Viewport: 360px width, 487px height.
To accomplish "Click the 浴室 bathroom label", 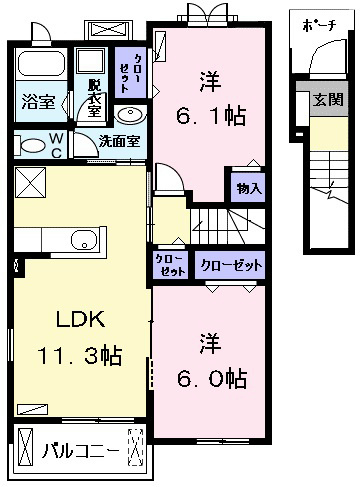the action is click(x=38, y=102).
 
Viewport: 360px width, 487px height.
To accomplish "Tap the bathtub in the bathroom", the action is click(x=41, y=64).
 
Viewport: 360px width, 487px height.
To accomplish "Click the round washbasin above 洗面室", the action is click(x=130, y=115).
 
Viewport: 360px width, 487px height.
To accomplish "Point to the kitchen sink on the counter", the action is click(x=84, y=240).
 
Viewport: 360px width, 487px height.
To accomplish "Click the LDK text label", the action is click(x=80, y=319).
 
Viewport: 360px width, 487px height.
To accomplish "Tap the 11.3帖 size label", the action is click(x=80, y=355).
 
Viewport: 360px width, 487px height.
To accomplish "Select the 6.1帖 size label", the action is click(x=211, y=115).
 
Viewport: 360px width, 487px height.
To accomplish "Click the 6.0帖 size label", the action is click(x=212, y=378).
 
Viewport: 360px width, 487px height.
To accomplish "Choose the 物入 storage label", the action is click(x=249, y=189).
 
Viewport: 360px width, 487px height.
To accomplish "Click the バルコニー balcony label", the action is click(x=80, y=451).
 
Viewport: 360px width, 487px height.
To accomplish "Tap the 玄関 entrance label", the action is click(x=328, y=99).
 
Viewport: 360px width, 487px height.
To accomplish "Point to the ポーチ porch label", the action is click(x=319, y=26).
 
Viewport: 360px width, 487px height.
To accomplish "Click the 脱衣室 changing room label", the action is click(x=94, y=99).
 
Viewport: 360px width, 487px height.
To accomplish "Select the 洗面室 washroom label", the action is click(x=119, y=142).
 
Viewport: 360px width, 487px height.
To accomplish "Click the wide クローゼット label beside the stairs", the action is click(x=231, y=266).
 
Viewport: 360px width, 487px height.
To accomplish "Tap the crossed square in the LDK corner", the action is click(x=30, y=182).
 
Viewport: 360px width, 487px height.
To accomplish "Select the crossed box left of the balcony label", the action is click(x=26, y=447).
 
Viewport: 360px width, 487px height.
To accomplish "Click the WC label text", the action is click(x=56, y=145).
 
